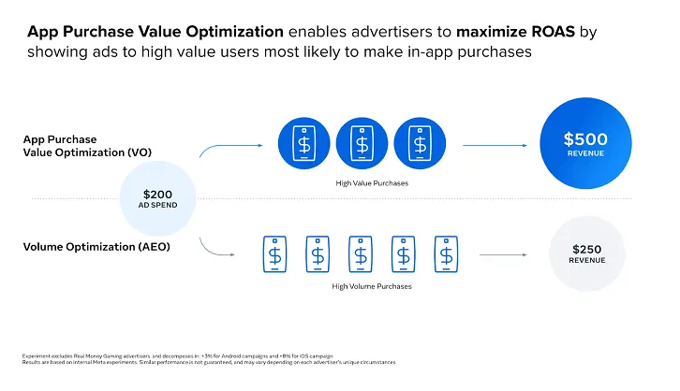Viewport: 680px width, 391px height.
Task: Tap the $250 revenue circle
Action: pos(586,253)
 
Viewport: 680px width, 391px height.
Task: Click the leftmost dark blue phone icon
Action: pos(303,145)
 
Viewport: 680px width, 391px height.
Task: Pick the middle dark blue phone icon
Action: pos(362,145)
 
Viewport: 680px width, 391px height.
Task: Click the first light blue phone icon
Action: pos(273,253)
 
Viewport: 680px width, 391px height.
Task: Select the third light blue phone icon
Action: pos(360,253)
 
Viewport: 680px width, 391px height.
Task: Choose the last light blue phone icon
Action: pos(446,253)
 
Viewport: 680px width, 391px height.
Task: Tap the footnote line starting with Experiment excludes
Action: pos(179,356)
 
